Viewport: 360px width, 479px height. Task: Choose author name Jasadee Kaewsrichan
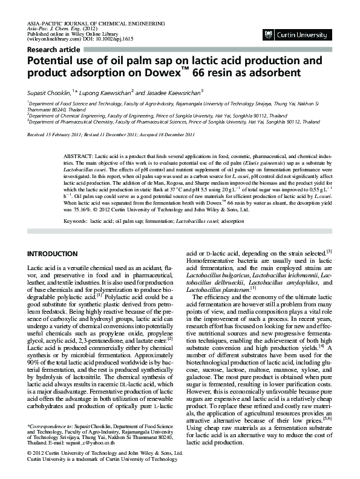(171, 92)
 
